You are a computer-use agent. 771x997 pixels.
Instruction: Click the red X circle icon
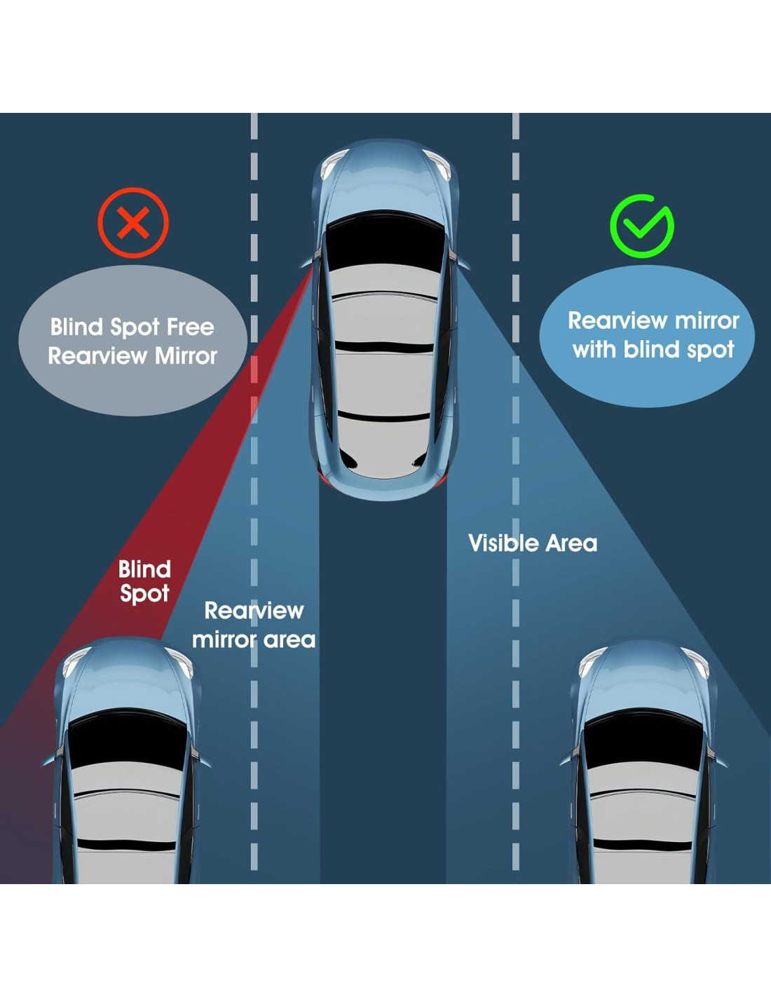[x=133, y=224]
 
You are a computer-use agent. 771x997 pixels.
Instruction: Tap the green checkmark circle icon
[x=641, y=226]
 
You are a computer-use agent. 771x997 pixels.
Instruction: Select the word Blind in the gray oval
[x=76, y=327]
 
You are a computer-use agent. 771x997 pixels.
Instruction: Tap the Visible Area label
[x=533, y=543]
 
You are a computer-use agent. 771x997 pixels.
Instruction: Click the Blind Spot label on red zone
[x=144, y=581]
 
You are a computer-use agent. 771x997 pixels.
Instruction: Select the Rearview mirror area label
[x=254, y=625]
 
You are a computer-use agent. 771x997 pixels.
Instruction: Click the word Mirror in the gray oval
[x=186, y=356]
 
